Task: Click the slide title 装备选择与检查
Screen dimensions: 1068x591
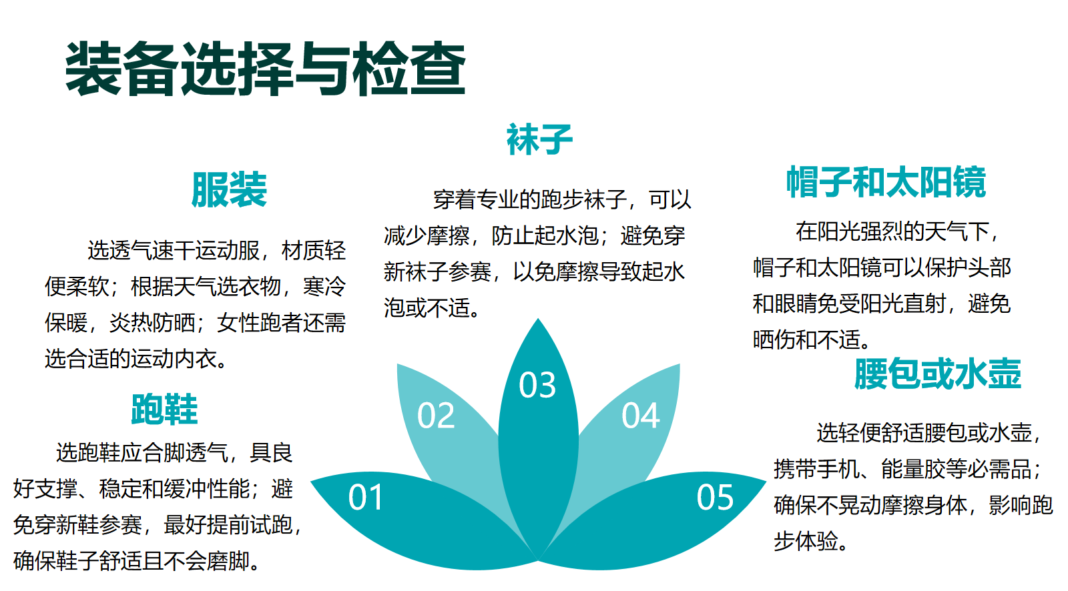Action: (x=265, y=69)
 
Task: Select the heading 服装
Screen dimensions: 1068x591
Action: (x=229, y=189)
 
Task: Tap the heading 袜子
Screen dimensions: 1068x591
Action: (x=539, y=139)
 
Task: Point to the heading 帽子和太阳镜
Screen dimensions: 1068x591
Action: (x=886, y=182)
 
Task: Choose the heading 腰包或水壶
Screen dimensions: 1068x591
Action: (x=937, y=373)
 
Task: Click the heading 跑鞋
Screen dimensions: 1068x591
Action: (x=164, y=409)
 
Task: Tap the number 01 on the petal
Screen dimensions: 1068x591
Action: (x=366, y=498)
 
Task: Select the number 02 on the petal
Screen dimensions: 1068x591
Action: (x=436, y=415)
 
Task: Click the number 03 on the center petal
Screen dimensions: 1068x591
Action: (x=537, y=385)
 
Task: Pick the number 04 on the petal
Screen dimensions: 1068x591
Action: (x=641, y=415)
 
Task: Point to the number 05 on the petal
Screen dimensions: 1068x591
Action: (x=715, y=498)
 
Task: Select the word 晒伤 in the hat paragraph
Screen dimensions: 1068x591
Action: (x=774, y=340)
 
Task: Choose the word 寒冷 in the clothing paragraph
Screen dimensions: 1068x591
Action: (x=324, y=286)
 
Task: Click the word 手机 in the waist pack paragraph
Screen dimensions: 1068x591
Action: (x=838, y=469)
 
